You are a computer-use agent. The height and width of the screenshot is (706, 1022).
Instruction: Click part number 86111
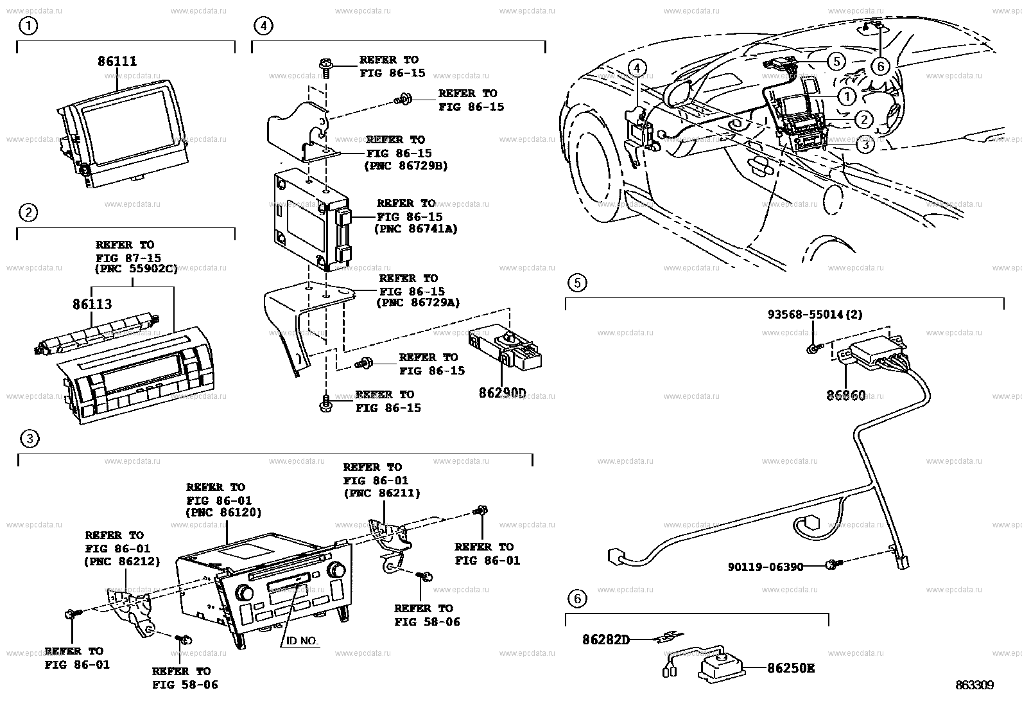pos(117,62)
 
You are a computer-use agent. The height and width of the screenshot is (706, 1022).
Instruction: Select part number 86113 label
pos(92,304)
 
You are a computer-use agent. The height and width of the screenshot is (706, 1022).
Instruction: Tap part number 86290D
pos(501,392)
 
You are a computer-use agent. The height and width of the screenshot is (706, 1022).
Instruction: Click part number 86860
pos(845,396)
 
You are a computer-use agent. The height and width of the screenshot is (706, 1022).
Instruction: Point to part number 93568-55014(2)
pos(815,315)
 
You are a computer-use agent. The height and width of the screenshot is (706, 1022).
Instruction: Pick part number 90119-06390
pos(765,567)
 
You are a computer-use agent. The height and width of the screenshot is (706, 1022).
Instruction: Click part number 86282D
pos(606,640)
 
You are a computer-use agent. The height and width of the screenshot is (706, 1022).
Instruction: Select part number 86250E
pos(791,668)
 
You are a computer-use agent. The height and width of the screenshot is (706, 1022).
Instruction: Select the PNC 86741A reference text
pos(415,229)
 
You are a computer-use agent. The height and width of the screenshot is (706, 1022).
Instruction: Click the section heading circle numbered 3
pos(30,439)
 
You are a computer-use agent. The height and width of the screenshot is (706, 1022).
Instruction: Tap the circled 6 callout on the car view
pos(879,66)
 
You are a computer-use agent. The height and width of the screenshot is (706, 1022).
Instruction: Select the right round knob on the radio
pos(335,570)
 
